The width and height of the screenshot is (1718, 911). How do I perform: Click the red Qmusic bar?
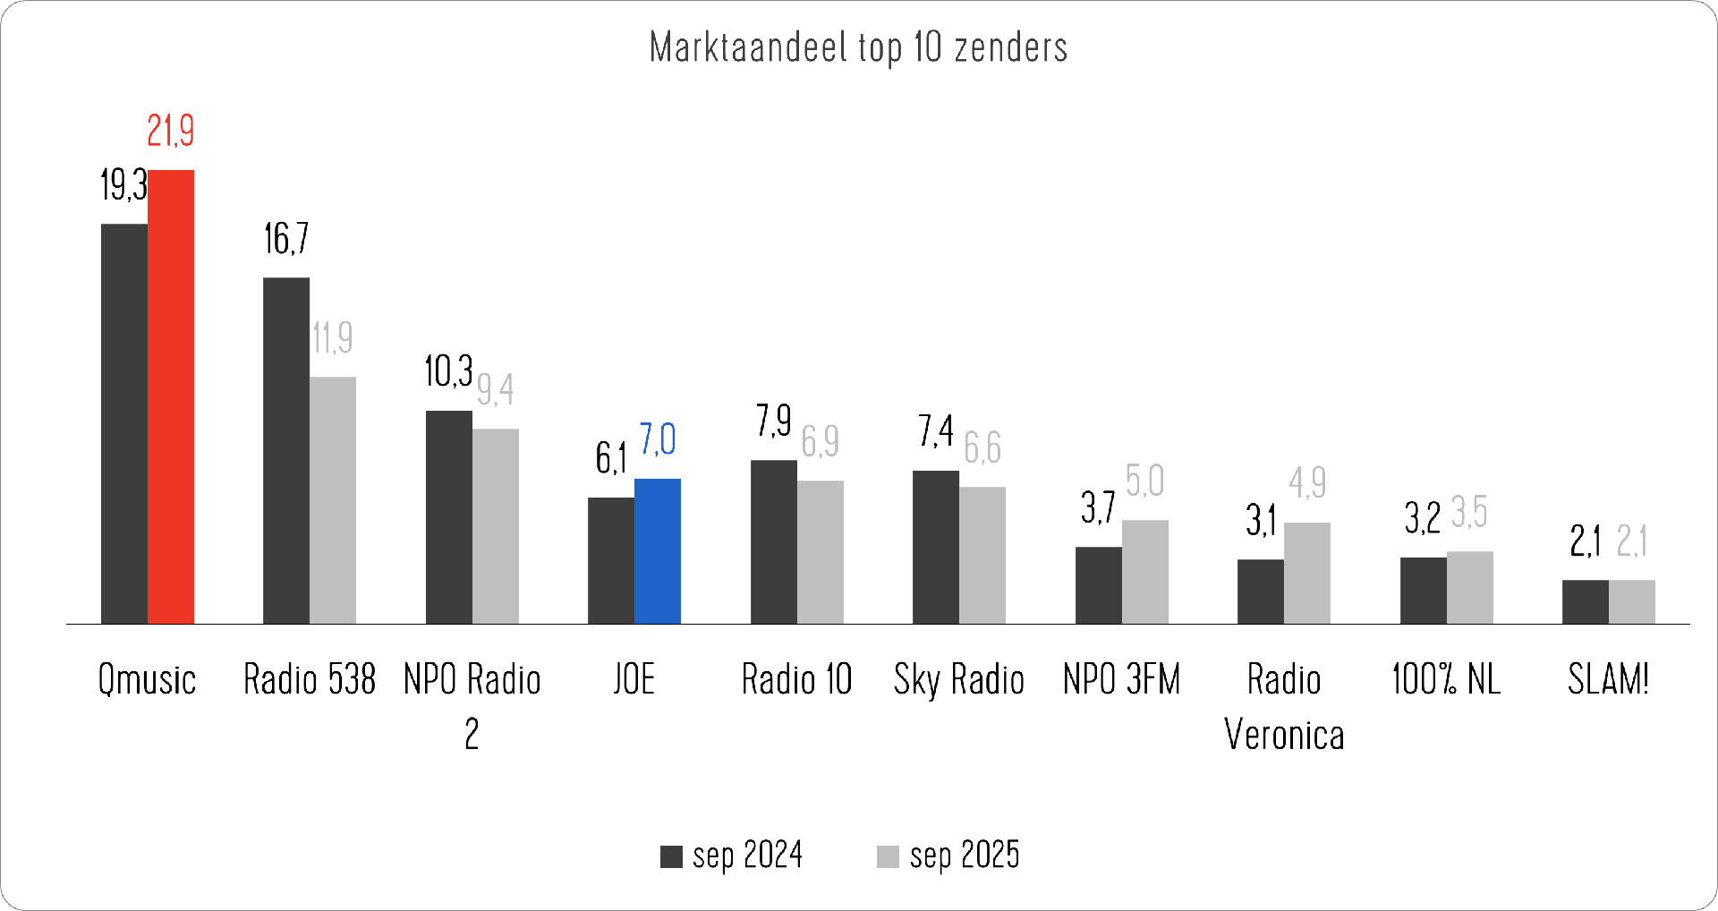coord(171,396)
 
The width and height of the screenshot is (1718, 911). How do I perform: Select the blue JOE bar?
coord(658,551)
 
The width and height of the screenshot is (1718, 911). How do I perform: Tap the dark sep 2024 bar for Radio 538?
coord(286,450)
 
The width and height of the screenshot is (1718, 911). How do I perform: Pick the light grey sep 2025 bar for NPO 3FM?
coord(1145,572)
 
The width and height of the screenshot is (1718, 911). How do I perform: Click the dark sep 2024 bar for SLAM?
coord(1586,601)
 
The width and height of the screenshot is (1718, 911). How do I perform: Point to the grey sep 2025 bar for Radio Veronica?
coord(1307,573)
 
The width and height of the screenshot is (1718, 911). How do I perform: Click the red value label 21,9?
coord(171,132)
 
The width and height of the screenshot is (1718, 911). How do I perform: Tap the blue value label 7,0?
coord(658,440)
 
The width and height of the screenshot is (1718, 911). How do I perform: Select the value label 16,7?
coord(286,239)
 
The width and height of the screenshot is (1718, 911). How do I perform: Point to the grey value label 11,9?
coord(332,338)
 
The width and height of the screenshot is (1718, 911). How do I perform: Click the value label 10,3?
coord(448,371)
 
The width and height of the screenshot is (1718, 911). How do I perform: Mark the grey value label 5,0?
coord(1145,481)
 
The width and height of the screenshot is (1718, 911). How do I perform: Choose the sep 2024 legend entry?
coord(732,856)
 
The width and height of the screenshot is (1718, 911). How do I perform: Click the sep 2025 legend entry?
coord(948,856)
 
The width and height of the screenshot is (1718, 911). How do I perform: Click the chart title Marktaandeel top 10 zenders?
coord(858,47)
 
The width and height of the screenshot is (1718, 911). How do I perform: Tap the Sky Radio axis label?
coord(959,679)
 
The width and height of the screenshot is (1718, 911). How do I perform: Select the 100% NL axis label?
coord(1446,679)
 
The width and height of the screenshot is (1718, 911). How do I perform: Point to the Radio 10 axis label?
coord(796,679)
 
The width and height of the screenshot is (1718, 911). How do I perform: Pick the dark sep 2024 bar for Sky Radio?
coord(936,547)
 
